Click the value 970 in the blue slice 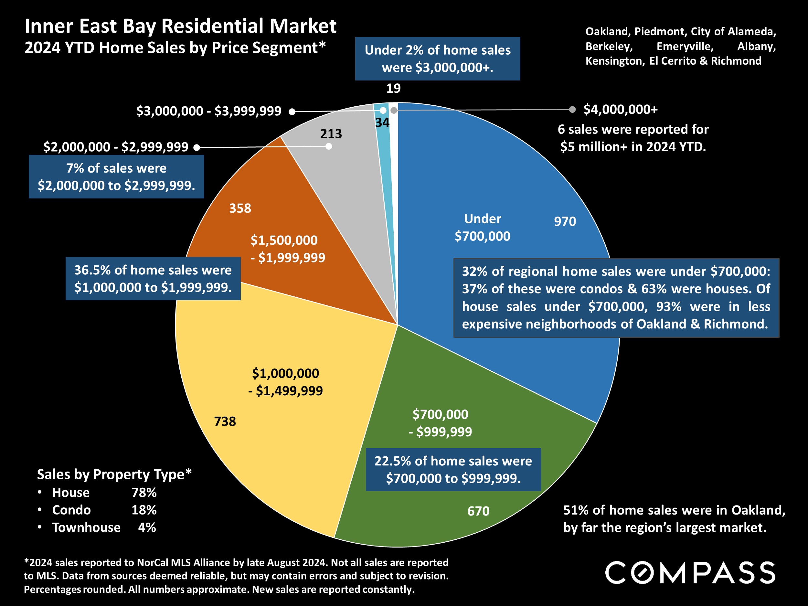[565, 221]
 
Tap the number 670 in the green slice [478, 511]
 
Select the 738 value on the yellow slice [225, 421]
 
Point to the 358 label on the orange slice [240, 208]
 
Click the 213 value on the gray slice [331, 134]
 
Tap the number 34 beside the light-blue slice [382, 123]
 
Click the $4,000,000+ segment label [620, 109]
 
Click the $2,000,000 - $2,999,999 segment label [116, 147]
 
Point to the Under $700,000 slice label [482, 227]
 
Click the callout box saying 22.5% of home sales [453, 469]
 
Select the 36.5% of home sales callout [153, 279]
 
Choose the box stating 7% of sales [116, 177]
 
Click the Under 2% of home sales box [437, 59]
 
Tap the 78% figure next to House [144, 493]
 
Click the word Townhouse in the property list [86, 527]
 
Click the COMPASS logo [690, 572]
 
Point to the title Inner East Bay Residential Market [180, 26]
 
